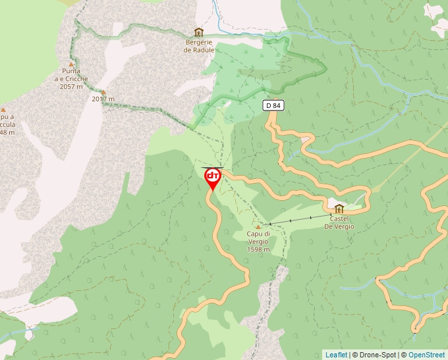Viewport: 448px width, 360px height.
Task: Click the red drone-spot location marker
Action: coord(213,178)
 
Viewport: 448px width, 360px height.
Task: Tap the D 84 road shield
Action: coord(273,105)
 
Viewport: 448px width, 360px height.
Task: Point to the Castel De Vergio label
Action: coord(339,222)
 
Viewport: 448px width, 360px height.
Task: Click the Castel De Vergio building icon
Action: coord(339,209)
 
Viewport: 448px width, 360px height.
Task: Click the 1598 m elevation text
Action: coord(258,249)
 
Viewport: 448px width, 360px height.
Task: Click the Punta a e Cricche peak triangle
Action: coord(71,64)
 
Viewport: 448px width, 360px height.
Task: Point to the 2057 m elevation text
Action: coord(72,86)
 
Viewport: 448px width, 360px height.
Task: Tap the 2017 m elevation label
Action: coord(103,99)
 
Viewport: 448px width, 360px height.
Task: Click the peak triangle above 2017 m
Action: coord(103,92)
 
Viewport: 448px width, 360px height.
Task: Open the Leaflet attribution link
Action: coord(336,355)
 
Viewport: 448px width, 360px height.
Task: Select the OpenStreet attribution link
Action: coord(426,355)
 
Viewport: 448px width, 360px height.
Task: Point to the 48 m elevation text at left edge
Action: coord(7,132)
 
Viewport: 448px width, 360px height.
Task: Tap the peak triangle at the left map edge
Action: coord(3,110)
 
